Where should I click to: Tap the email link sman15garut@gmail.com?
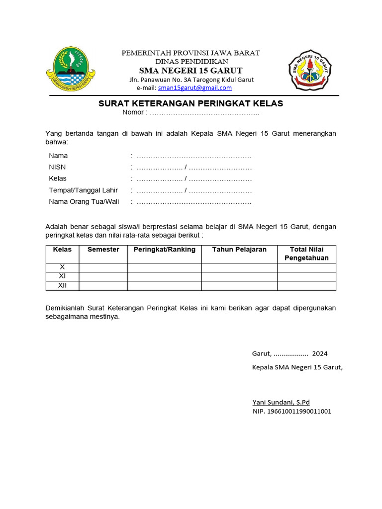[195, 88]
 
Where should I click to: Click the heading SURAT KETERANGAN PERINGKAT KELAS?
[191, 103]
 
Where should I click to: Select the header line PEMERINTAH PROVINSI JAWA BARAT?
[191, 53]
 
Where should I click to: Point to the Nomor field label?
[134, 112]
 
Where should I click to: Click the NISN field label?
[57, 167]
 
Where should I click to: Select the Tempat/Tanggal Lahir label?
[83, 190]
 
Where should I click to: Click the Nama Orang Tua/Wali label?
[84, 201]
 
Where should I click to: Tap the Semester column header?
[103, 250]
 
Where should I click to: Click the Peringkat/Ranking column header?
[164, 250]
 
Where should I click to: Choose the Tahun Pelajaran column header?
[239, 250]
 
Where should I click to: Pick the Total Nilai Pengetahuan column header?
[306, 254]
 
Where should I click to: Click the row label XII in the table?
[62, 285]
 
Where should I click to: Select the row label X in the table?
[62, 267]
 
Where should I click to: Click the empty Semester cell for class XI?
[103, 276]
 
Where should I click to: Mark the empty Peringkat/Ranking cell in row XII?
[164, 285]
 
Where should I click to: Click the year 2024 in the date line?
[320, 354]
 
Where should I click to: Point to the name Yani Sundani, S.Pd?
[281, 402]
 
